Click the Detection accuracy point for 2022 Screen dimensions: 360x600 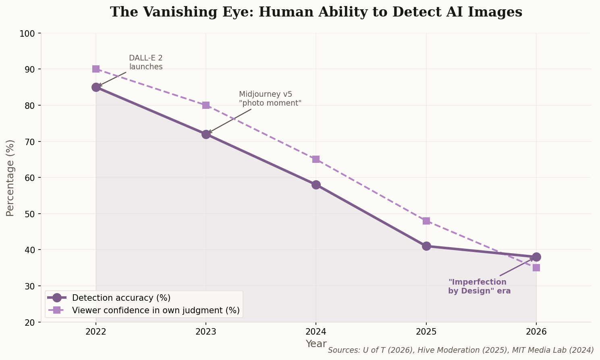96,87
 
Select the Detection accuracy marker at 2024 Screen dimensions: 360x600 316,185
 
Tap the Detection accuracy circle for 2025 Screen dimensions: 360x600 426,246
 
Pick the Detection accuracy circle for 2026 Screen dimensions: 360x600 536,257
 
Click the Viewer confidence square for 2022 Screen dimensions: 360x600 96,69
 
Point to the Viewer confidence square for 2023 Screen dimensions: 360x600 206,105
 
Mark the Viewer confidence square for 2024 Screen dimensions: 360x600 316,159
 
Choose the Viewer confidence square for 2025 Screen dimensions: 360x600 426,221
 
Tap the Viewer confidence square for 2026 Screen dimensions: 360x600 536,268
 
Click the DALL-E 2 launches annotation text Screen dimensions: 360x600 145,62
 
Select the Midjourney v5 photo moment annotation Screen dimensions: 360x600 270,99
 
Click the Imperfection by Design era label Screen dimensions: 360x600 479,287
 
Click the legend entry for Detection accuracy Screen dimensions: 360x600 121,298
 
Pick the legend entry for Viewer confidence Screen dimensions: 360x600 156,310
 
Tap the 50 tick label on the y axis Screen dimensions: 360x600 30,214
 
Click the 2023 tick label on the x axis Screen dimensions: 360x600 206,332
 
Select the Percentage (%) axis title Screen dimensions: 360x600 10,178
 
